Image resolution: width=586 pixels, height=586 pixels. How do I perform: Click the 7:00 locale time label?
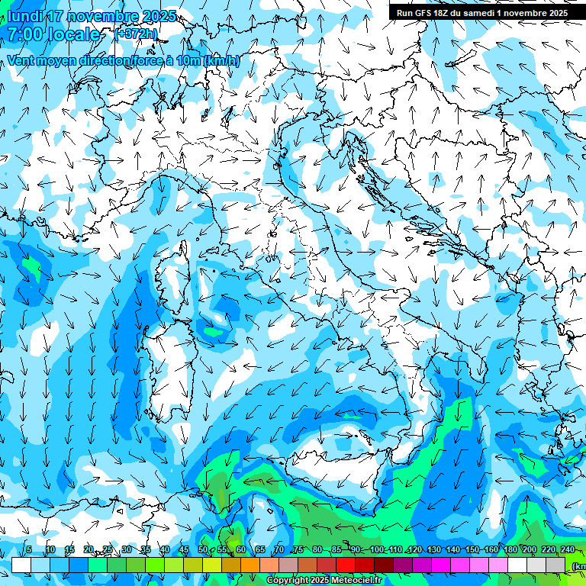pos(53,35)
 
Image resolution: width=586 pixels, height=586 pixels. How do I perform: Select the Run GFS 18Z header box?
pos(481,13)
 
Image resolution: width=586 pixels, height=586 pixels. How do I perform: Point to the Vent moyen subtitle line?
pos(122,61)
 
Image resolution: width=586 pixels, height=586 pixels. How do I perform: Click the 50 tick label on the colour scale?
pos(202,550)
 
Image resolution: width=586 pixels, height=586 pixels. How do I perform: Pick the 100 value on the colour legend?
pos(376,550)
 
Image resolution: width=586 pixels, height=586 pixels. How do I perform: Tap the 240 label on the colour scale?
pos(567,550)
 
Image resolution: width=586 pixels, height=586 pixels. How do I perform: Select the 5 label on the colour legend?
pos(29,550)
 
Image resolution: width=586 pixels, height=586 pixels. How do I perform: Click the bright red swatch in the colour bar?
pos(346,565)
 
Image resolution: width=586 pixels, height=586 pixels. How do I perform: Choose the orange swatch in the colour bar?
pos(250,565)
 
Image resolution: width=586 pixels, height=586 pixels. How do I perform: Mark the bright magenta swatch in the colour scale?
pos(441,565)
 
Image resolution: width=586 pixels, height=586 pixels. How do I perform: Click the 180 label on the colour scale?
pos(510,550)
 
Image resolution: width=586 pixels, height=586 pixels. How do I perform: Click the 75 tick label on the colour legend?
pos(298,550)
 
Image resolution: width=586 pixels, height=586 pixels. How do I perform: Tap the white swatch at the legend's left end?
pos(21,565)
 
